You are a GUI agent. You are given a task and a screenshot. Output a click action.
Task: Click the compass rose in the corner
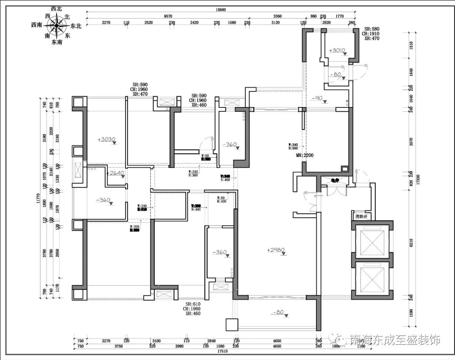[56, 27]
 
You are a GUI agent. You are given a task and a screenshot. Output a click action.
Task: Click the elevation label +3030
[106, 139]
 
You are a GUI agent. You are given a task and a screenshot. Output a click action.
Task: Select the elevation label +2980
[276, 250]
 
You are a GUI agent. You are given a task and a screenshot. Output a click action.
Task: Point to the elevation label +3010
[337, 50]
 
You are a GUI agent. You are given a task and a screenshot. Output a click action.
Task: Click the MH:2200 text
[305, 155]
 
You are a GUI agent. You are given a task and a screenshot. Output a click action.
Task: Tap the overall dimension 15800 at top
[221, 9]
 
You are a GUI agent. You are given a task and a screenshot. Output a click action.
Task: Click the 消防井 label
[361, 217]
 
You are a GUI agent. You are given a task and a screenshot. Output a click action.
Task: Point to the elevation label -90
[317, 99]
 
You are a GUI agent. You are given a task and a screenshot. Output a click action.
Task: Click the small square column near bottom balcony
[232, 324]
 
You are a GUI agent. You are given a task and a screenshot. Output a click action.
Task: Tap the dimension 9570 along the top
[167, 16]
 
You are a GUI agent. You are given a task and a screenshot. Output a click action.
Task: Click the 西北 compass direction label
[56, 8]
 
